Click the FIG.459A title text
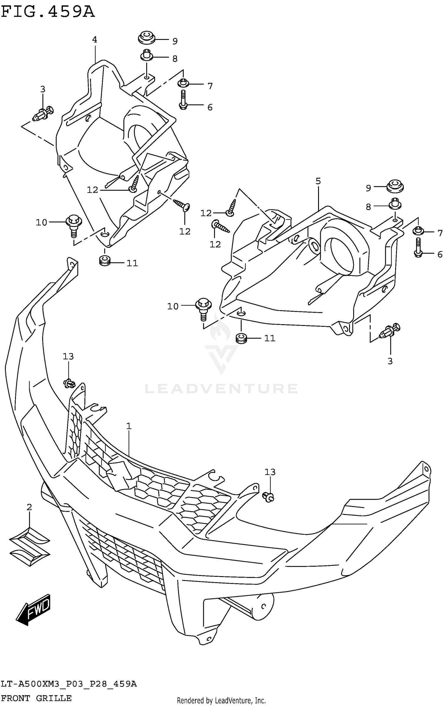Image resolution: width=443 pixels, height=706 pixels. click(48, 12)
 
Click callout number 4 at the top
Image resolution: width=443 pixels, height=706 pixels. click(95, 40)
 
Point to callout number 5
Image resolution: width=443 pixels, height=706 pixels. click(318, 181)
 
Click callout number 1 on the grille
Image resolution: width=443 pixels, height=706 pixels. click(129, 426)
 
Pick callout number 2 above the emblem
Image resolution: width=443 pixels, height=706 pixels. click(29, 507)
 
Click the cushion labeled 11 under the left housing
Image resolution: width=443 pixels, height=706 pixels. click(104, 261)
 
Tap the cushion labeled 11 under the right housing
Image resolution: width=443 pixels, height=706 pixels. click(242, 338)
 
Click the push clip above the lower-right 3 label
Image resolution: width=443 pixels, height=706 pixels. click(390, 331)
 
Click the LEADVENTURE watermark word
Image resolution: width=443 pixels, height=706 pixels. click(221, 388)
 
